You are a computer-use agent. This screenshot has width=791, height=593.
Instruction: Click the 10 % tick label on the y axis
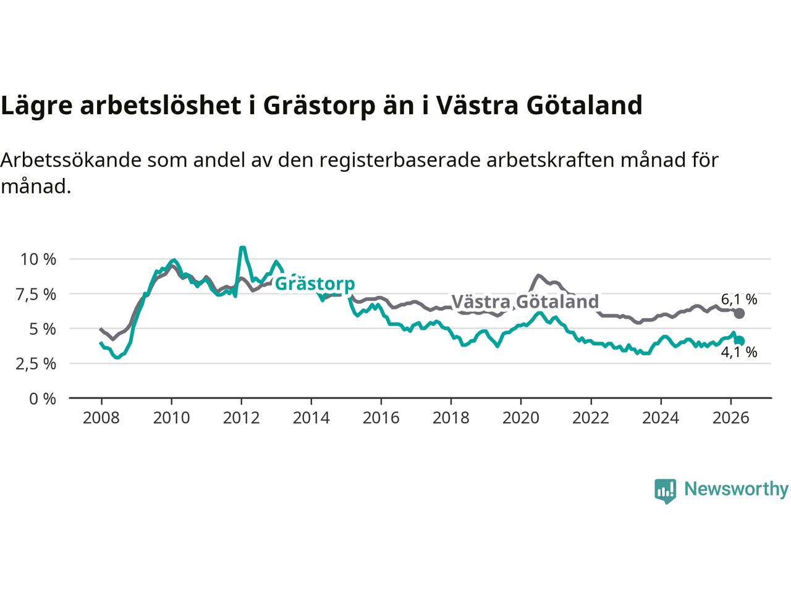click(x=38, y=259)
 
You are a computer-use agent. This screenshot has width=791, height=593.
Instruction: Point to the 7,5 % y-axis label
click(x=36, y=295)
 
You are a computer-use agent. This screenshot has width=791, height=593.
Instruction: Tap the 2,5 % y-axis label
click(x=36, y=364)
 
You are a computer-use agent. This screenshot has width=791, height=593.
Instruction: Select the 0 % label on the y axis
click(x=43, y=399)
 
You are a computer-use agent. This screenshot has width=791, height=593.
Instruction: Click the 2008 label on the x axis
click(x=101, y=418)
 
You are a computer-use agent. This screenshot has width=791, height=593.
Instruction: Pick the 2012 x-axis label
click(x=241, y=418)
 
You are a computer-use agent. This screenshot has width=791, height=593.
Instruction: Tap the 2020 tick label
click(x=521, y=418)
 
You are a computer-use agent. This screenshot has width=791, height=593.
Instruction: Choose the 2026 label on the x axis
click(x=730, y=418)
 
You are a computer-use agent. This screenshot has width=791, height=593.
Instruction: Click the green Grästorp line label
click(x=315, y=284)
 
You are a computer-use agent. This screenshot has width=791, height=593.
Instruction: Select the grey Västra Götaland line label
click(x=525, y=301)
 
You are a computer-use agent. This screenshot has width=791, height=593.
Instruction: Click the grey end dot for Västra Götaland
click(x=739, y=314)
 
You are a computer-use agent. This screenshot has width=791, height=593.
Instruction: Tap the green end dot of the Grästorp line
click(x=740, y=340)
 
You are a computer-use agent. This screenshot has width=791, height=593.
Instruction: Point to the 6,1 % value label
click(x=739, y=299)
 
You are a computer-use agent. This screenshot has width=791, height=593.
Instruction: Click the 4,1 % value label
click(x=739, y=352)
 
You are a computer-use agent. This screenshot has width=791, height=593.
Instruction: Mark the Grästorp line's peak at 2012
click(x=242, y=247)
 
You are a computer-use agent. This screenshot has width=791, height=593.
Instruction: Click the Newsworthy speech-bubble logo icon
click(x=665, y=491)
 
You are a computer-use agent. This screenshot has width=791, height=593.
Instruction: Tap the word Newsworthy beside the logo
click(x=736, y=489)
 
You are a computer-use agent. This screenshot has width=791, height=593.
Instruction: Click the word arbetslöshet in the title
click(x=160, y=106)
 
